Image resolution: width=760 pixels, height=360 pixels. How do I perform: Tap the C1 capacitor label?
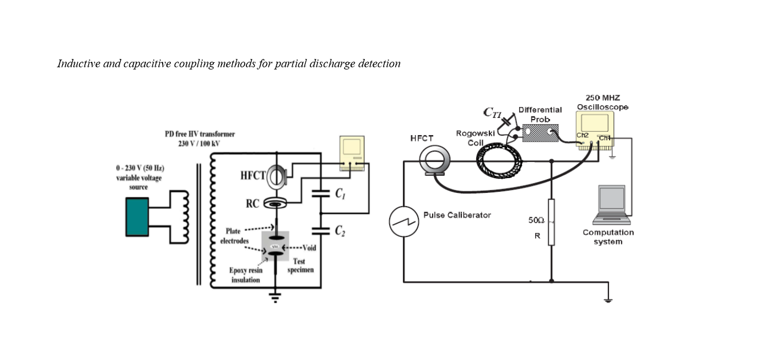[340, 194]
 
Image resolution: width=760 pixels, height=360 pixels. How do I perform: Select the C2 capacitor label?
[340, 231]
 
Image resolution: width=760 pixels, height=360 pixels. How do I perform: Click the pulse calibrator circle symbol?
[404, 221]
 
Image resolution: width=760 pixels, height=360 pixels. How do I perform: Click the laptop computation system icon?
[612, 204]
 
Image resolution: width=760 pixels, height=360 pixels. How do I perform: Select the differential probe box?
[540, 133]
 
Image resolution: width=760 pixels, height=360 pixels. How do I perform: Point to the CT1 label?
[492, 113]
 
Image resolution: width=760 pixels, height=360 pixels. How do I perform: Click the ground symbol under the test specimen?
[273, 298]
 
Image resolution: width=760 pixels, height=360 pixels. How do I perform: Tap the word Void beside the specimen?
[309, 248]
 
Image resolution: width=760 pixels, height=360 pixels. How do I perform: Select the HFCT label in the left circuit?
[252, 176]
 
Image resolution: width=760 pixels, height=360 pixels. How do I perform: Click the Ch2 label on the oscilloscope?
[583, 136]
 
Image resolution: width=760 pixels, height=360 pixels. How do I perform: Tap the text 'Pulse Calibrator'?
[457, 215]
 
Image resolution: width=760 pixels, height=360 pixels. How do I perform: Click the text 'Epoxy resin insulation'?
[246, 275]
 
